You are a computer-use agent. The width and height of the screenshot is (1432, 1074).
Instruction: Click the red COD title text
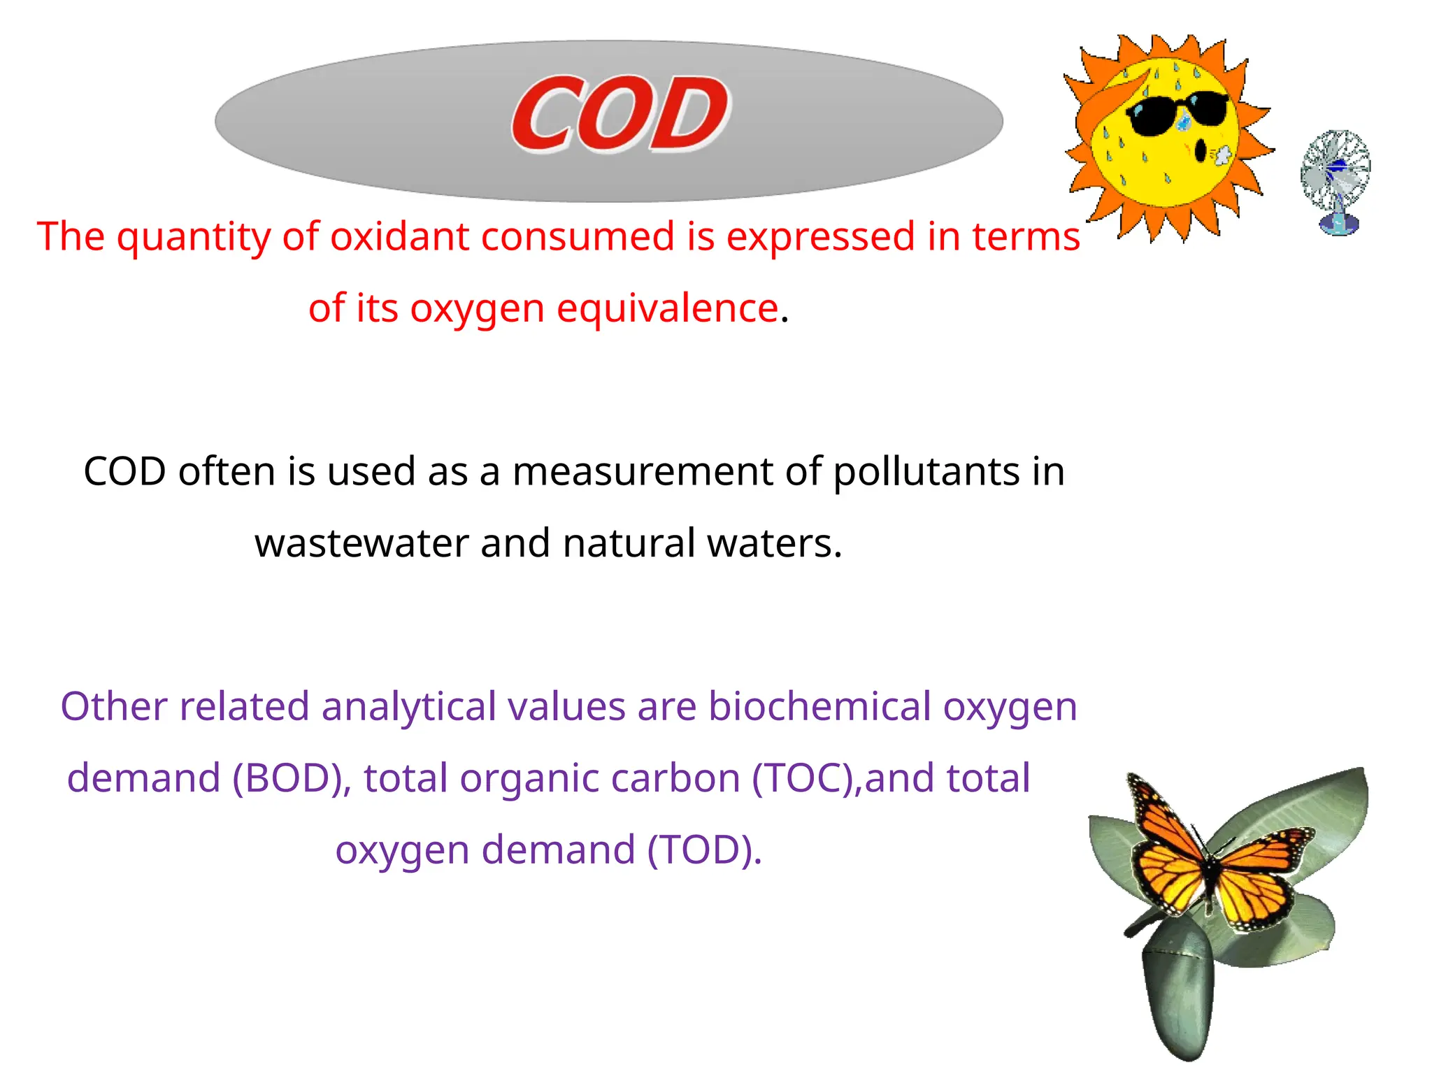click(620, 114)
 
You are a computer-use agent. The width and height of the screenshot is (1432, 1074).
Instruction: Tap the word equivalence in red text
click(667, 308)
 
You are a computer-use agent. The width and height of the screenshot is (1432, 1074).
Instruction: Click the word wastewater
click(361, 543)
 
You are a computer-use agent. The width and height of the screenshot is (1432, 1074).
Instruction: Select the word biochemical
click(819, 706)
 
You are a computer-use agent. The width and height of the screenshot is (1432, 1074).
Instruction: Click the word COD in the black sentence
click(124, 471)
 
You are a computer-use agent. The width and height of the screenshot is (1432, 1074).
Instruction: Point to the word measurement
click(642, 471)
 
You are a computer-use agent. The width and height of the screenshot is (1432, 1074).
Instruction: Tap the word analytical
click(408, 706)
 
